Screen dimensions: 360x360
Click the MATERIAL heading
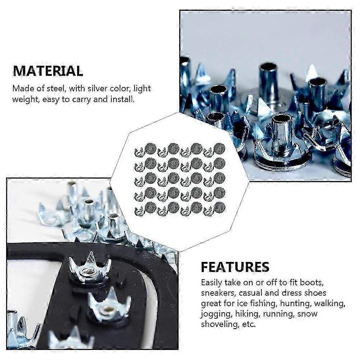click(x=48, y=71)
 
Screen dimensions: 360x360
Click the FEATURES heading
click(x=235, y=267)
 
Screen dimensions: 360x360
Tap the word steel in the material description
click(x=56, y=88)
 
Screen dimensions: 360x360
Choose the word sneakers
click(x=218, y=293)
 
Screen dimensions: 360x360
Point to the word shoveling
click(x=220, y=324)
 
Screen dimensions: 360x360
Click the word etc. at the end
click(x=249, y=324)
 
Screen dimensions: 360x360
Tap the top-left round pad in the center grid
click(x=151, y=148)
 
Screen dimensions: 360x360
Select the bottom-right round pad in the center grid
click(x=219, y=207)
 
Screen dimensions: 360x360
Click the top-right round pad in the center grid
click(x=219, y=148)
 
